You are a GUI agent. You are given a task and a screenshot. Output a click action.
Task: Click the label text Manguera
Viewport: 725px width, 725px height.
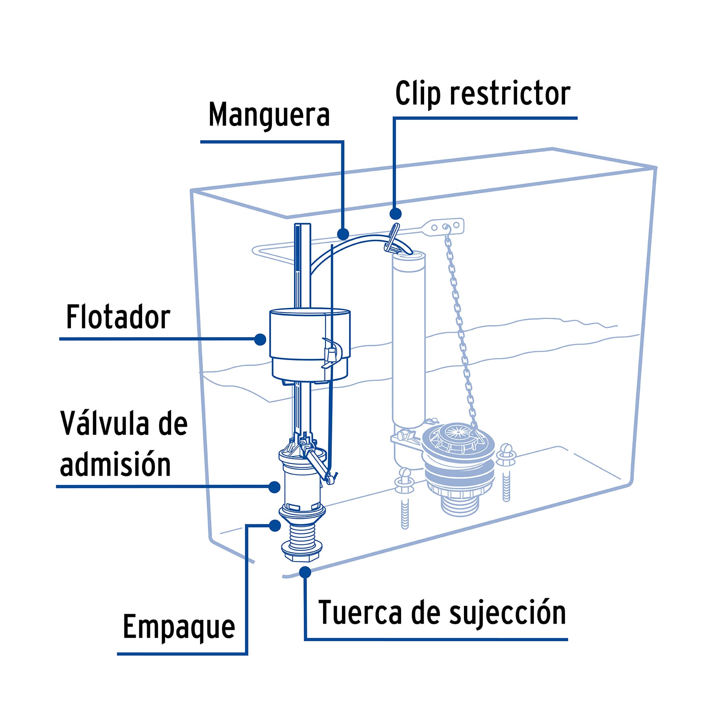tap(269, 115)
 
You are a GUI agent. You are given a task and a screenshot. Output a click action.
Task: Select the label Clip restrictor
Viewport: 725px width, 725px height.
tap(483, 93)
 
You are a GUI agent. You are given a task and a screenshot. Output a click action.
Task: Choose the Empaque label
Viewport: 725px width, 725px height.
tap(178, 627)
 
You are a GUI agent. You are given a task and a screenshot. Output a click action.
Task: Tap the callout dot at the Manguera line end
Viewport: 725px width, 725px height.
tap(343, 234)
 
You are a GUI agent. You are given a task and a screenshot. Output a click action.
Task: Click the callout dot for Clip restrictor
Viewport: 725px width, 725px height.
tap(396, 213)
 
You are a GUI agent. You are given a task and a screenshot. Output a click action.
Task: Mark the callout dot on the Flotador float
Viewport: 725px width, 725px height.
tap(260, 340)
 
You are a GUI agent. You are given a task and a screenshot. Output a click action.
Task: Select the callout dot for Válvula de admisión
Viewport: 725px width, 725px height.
tap(274, 487)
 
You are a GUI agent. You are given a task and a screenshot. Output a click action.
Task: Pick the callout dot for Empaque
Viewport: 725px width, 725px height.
tap(275, 525)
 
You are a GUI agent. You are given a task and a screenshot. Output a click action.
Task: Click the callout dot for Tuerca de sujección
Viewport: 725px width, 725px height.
tap(305, 572)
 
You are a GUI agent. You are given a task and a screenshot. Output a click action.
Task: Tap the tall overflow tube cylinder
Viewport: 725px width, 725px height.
tap(408, 338)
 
